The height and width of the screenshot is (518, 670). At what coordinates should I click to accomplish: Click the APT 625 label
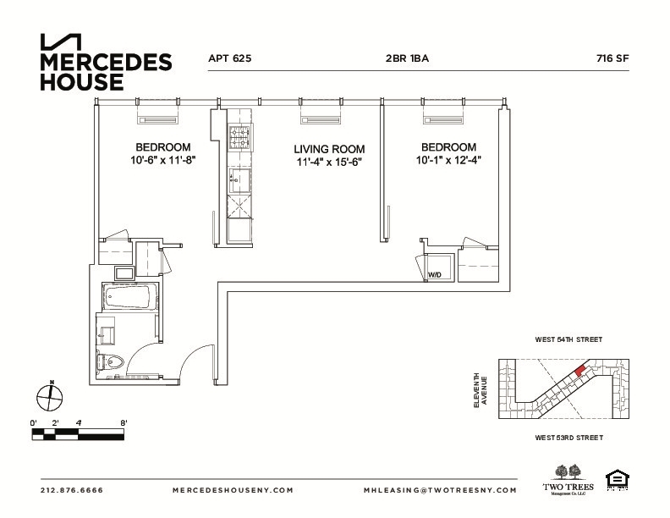click(x=230, y=59)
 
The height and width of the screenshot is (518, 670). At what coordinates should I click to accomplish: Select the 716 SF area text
click(x=612, y=59)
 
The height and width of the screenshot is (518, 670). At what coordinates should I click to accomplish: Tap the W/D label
click(x=434, y=275)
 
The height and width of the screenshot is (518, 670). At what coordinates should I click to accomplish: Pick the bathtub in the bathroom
click(x=127, y=296)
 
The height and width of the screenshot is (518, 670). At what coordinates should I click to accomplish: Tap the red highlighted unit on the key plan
click(x=579, y=369)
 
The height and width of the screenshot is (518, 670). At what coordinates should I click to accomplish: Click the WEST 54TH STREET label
click(x=568, y=339)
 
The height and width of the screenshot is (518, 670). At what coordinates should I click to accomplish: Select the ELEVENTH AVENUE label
click(x=480, y=391)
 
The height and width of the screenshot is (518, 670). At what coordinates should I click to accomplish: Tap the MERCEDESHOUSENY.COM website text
click(x=233, y=490)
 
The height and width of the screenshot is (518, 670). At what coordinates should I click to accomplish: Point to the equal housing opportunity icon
click(x=618, y=480)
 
